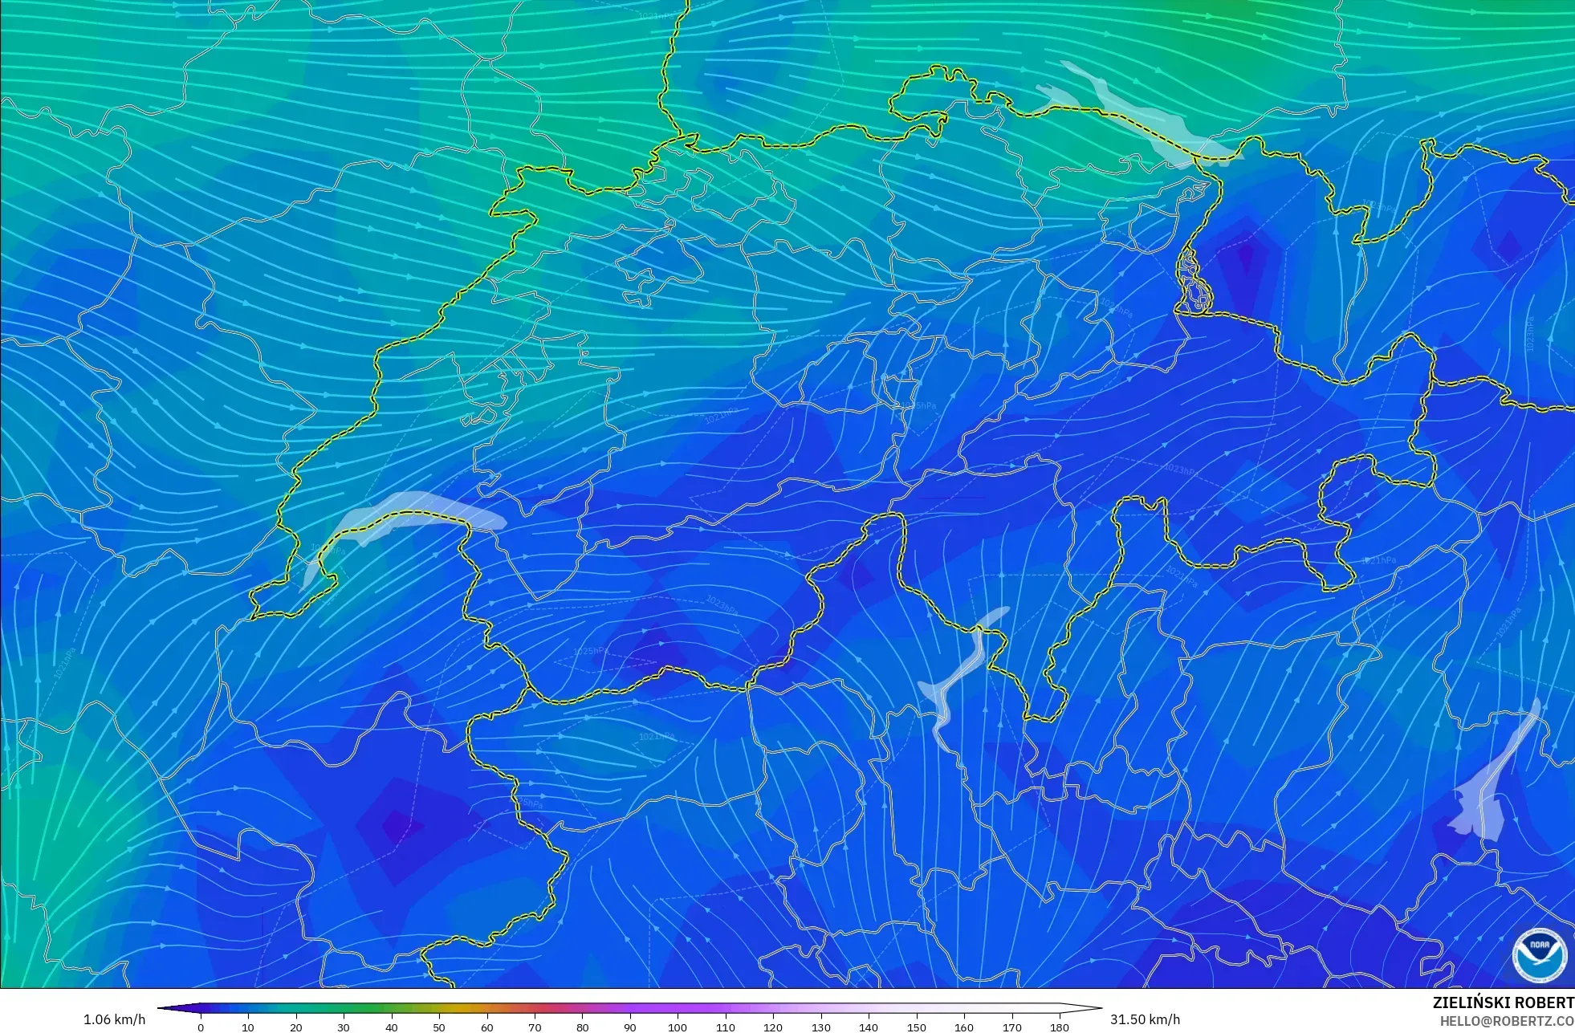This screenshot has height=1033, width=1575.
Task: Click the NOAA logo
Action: pyautogui.click(x=1539, y=955)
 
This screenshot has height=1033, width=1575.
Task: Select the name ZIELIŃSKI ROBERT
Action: pyautogui.click(x=1503, y=1002)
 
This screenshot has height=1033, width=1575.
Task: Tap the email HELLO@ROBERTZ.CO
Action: pyautogui.click(x=1506, y=1021)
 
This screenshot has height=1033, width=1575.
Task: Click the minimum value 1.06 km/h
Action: pyautogui.click(x=114, y=1019)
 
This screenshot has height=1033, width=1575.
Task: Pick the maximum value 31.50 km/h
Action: pyautogui.click(x=1145, y=1019)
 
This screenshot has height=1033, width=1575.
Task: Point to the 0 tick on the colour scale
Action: pyautogui.click(x=201, y=1027)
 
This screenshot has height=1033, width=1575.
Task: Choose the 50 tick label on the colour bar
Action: pyautogui.click(x=439, y=1027)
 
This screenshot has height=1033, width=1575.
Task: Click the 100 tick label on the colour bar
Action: pyautogui.click(x=678, y=1027)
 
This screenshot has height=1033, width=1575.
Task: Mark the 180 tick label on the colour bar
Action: pyautogui.click(x=1060, y=1027)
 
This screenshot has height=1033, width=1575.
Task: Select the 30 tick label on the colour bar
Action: pyautogui.click(x=344, y=1027)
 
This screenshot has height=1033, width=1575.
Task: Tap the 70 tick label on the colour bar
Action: pyautogui.click(x=535, y=1027)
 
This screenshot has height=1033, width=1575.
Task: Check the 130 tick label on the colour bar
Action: pyautogui.click(x=820, y=1027)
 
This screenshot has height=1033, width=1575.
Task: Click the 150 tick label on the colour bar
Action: pyautogui.click(x=916, y=1027)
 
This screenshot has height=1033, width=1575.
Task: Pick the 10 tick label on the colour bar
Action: pyautogui.click(x=248, y=1027)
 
